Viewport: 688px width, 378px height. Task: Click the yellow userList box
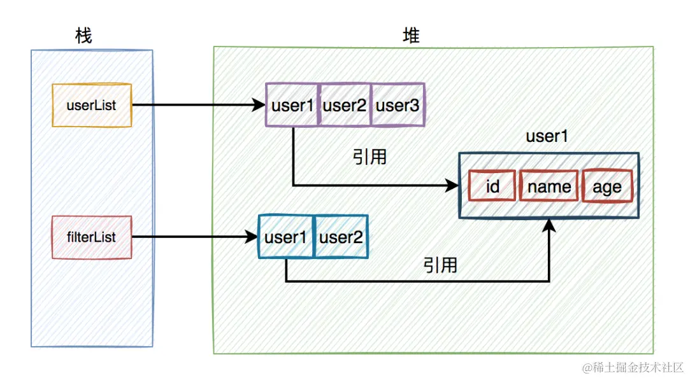[x=92, y=106]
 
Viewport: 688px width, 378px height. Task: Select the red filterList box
[x=92, y=237]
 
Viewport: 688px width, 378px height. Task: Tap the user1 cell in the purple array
[x=292, y=105]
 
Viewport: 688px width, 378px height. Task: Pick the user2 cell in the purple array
[x=345, y=105]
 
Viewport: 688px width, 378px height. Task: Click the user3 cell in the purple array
[x=398, y=105]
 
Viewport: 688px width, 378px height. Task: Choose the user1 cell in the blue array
[x=286, y=237]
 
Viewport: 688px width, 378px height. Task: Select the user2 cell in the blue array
[x=341, y=237]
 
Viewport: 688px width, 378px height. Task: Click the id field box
[x=491, y=186]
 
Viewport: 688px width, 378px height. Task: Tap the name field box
[x=548, y=186]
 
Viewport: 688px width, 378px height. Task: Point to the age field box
[x=607, y=186]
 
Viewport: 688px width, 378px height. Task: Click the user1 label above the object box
[x=547, y=136]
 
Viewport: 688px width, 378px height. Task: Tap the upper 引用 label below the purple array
[x=369, y=157]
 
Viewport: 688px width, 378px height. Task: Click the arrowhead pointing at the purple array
[x=259, y=106]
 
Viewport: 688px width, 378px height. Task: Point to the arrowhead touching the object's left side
[x=452, y=186]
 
